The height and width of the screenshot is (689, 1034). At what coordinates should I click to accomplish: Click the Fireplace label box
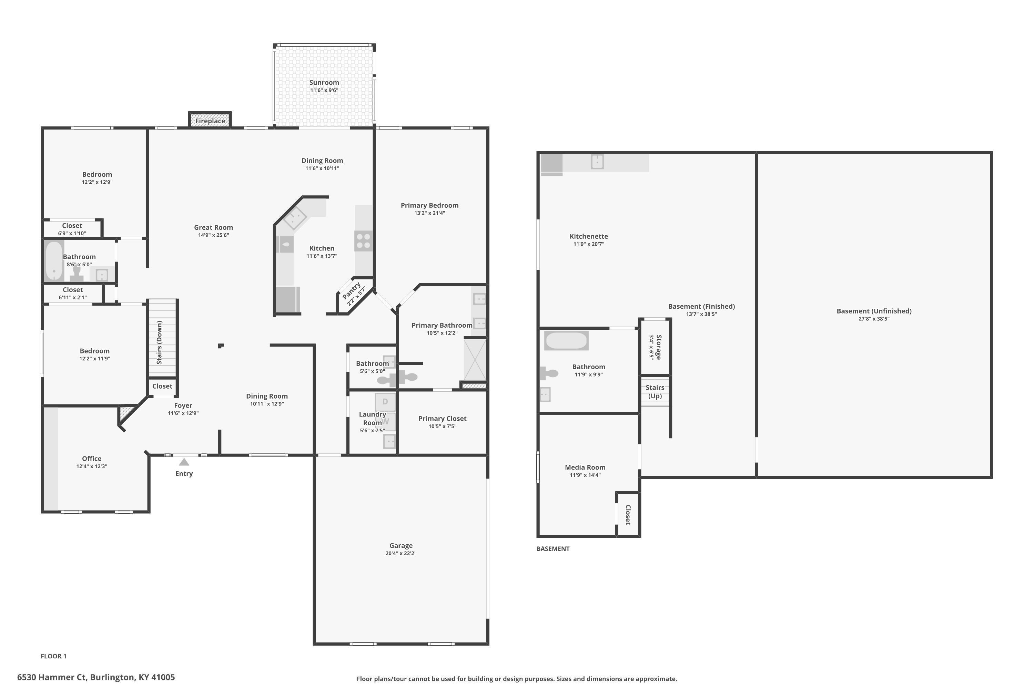(x=210, y=120)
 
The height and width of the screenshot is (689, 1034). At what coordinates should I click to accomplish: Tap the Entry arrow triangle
(x=184, y=462)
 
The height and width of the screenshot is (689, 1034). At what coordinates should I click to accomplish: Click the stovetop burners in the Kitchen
(x=364, y=241)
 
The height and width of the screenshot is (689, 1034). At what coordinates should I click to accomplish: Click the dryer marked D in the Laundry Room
(x=385, y=402)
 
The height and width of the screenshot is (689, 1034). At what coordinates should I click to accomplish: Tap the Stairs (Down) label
(x=160, y=342)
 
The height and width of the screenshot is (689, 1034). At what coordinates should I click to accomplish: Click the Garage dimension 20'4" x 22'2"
(x=401, y=553)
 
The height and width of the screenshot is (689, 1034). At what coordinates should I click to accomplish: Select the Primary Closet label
(x=442, y=418)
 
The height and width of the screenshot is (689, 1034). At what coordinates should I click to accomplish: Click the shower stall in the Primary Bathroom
(x=475, y=359)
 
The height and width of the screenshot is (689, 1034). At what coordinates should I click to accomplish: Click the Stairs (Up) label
(x=655, y=391)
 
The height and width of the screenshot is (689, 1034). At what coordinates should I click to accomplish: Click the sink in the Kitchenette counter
(x=597, y=161)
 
